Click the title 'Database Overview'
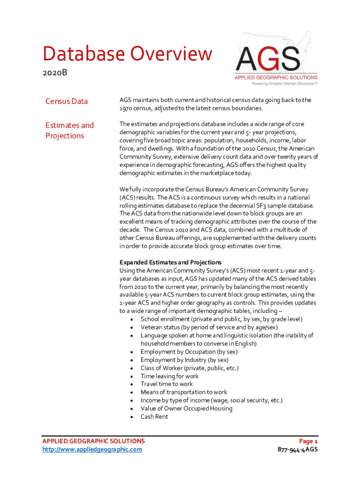[127, 54]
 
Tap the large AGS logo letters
[268, 59]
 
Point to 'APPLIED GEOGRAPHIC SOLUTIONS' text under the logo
[276, 77]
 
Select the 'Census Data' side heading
[66, 101]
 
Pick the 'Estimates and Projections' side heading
[69, 130]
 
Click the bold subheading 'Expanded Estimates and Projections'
[170, 262]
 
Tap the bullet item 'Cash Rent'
[154, 416]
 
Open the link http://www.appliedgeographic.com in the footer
[92, 450]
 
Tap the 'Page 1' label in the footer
[309, 441]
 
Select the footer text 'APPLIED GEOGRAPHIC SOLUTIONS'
[94, 441]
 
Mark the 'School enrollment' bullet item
[221, 319]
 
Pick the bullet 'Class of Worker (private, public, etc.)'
[189, 368]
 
